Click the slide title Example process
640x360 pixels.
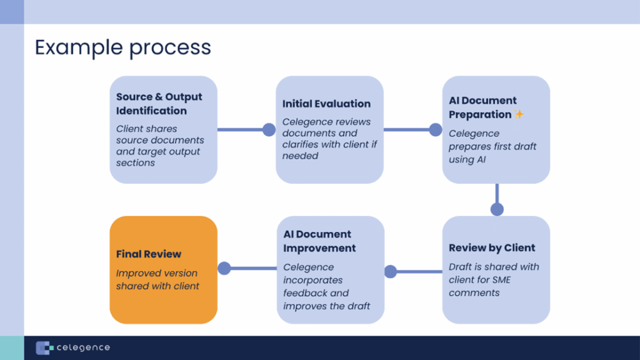pyautogui.click(x=122, y=47)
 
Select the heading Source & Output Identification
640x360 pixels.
pyautogui.click(x=159, y=104)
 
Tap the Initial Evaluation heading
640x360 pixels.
pyautogui.click(x=326, y=104)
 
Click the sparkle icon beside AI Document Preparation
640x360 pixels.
pyautogui.click(x=518, y=114)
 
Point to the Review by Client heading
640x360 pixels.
pyautogui.click(x=491, y=247)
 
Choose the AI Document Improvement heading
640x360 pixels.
pyautogui.click(x=319, y=241)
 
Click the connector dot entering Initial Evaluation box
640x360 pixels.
pyautogui.click(x=269, y=129)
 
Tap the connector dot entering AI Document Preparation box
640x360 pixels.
pyautogui.click(x=436, y=129)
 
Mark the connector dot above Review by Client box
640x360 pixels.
pyautogui.click(x=497, y=209)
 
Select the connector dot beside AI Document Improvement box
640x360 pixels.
pyautogui.click(x=391, y=271)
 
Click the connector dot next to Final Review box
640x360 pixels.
pyautogui.click(x=224, y=268)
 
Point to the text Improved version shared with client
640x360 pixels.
pyautogui.click(x=157, y=279)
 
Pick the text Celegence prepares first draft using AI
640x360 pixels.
pyautogui.click(x=492, y=146)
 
